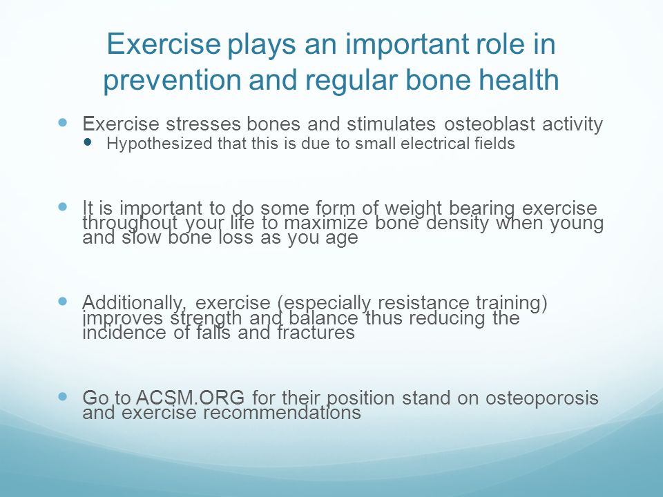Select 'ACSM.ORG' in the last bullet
coord(191,398)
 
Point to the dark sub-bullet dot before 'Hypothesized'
coord(88,142)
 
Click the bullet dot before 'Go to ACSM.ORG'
coord(63,396)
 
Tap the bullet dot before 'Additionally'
coord(63,302)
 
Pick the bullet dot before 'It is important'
coord(63,206)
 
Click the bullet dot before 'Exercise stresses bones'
coord(63,123)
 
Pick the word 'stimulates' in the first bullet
coord(391,124)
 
